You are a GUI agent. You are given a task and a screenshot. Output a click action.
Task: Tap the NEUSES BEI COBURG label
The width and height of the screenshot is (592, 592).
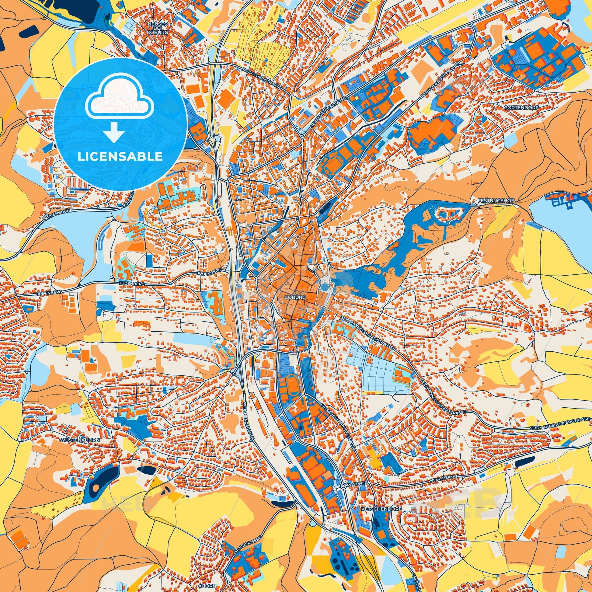[158, 27]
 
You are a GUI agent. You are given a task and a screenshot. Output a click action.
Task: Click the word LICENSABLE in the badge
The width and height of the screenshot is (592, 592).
[120, 156]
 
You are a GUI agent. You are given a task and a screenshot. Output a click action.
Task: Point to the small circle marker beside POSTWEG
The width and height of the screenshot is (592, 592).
[343, 486]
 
